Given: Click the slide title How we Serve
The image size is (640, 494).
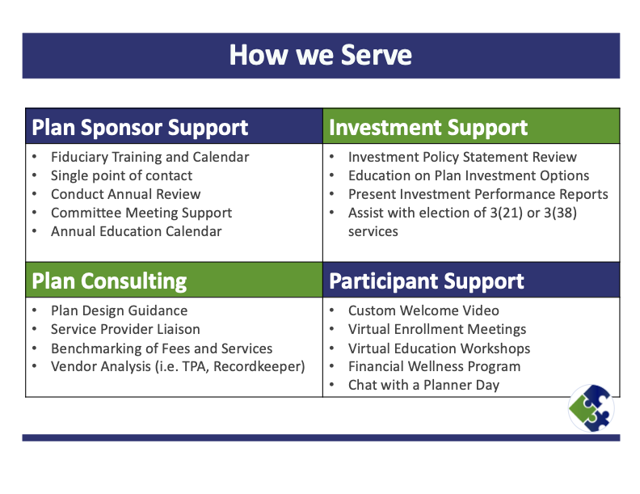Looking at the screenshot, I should [320, 55].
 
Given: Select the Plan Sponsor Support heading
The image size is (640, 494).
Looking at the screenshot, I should [140, 128].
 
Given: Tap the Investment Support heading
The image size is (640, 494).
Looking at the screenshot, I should [428, 128].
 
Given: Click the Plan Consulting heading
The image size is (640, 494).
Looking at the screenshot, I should [109, 281].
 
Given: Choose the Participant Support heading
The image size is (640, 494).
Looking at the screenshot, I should [427, 281].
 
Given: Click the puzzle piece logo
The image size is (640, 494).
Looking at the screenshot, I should [591, 407].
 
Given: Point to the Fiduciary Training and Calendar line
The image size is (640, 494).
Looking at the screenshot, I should [149, 157].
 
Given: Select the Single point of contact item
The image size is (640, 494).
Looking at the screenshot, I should [121, 175].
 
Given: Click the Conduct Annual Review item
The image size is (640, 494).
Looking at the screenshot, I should [125, 194].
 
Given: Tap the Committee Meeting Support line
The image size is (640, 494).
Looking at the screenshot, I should [141, 213].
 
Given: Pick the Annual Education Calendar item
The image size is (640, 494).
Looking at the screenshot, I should [136, 231].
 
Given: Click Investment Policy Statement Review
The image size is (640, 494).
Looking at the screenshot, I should [462, 157].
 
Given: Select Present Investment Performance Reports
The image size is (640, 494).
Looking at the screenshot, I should [478, 194].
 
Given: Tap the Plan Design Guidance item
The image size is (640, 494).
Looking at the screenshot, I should [119, 310].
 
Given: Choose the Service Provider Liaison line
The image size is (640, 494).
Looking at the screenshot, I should [125, 329].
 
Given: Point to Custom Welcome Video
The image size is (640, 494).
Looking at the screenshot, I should [423, 310].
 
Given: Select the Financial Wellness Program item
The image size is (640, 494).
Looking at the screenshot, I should [434, 366].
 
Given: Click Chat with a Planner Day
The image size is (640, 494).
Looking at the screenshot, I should [423, 385].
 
